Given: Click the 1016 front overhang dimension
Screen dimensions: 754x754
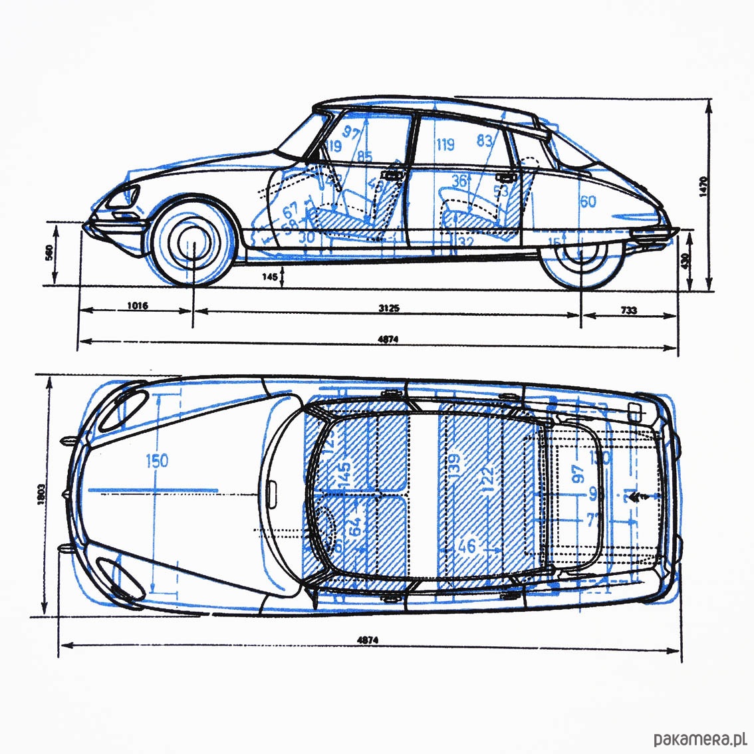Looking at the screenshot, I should click(x=137, y=306).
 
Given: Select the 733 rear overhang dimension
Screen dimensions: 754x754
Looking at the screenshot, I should click(x=629, y=309).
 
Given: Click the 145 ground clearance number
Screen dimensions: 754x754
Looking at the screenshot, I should click(x=269, y=276).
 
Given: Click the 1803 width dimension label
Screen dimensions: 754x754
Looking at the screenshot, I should click(x=41, y=492).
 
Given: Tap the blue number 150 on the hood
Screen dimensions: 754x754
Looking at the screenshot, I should click(x=156, y=460).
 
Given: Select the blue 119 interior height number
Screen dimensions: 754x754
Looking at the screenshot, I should click(x=445, y=144).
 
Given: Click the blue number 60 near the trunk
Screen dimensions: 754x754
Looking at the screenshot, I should click(x=588, y=201).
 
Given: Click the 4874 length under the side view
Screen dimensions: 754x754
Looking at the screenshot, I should click(x=388, y=339).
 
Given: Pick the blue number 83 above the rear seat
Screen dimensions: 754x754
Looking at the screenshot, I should click(x=485, y=141).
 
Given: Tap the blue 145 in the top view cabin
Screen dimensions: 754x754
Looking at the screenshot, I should click(x=345, y=476).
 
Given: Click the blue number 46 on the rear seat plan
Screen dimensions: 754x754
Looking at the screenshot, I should click(x=467, y=547).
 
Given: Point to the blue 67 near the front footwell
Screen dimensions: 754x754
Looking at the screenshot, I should click(x=291, y=211).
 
